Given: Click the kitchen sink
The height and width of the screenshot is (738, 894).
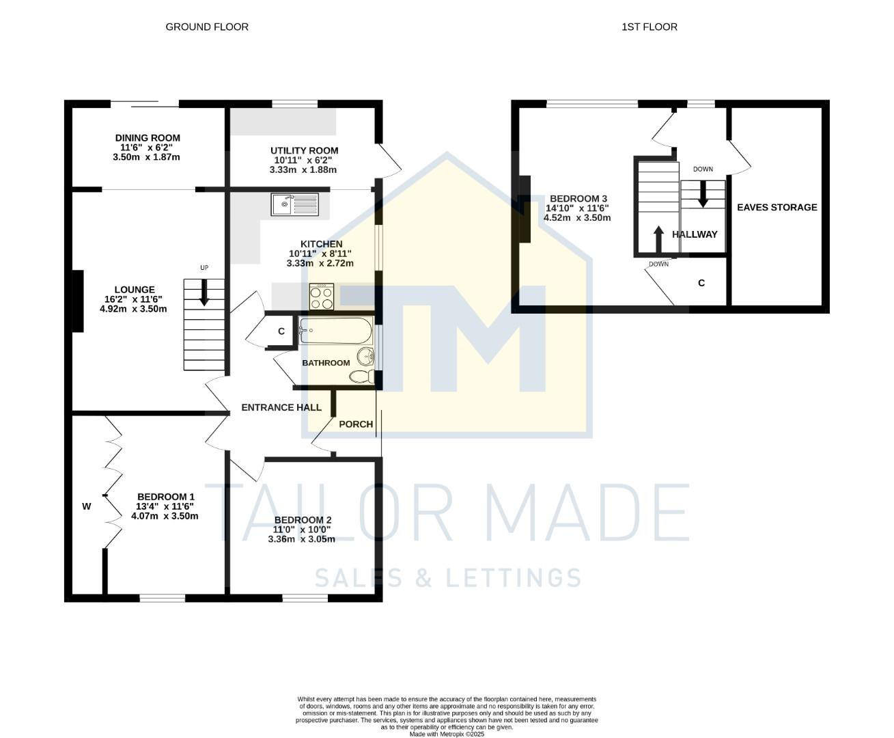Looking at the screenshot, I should [294, 204].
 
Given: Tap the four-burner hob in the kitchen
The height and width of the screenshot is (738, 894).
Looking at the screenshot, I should [322, 297].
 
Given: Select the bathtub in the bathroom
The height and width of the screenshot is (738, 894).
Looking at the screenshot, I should [335, 331].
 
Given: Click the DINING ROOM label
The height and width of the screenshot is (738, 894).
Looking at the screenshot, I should [148, 138].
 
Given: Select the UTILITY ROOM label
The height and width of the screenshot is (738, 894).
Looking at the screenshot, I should [304, 151].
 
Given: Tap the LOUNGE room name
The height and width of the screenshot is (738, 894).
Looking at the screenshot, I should [135, 290].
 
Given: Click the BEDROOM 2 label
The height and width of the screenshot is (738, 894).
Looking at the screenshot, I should [303, 520].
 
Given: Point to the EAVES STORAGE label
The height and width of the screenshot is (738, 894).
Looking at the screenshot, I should [777, 207].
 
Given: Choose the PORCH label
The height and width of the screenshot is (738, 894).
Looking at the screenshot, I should [356, 424].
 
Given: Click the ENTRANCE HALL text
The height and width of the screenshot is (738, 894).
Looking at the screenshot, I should [281, 407].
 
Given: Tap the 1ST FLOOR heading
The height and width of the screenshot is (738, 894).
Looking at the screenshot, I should [649, 27].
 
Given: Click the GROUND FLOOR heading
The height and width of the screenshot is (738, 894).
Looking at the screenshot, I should [207, 27].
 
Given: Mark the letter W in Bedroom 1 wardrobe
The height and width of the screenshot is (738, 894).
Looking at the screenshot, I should [87, 506].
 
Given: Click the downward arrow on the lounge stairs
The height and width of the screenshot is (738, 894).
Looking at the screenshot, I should [204, 295].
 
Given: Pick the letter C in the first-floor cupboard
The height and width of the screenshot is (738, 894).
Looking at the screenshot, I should [701, 283].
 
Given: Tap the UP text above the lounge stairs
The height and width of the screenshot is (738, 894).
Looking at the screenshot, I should [204, 268].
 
